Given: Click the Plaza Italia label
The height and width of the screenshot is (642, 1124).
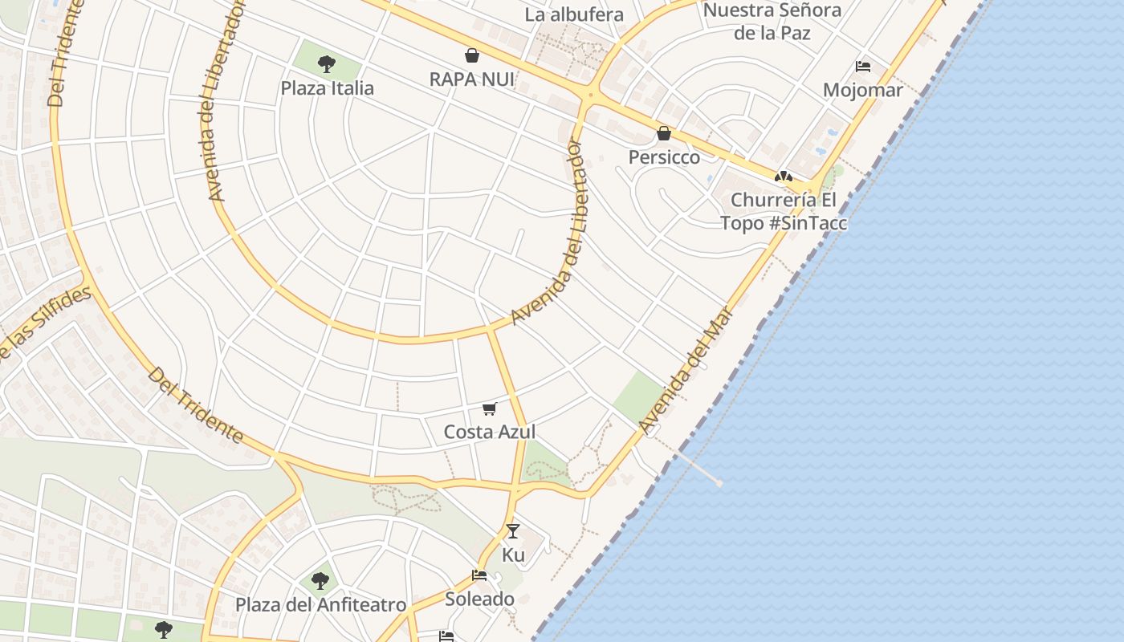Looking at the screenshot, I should (x=327, y=87).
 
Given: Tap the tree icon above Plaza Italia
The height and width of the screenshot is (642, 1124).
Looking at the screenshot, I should (x=326, y=63).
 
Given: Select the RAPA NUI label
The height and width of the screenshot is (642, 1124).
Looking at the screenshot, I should (x=471, y=79).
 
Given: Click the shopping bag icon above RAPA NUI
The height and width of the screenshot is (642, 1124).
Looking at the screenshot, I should (x=472, y=55).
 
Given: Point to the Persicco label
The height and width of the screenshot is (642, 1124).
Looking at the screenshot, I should (x=664, y=157).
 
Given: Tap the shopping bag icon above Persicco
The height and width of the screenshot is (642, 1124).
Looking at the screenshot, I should (x=664, y=133).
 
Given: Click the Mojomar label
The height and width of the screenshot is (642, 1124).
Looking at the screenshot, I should (x=862, y=90).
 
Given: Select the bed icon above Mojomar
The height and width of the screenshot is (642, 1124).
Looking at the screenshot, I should (x=863, y=66).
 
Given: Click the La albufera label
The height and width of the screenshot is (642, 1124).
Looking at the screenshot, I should (x=574, y=14).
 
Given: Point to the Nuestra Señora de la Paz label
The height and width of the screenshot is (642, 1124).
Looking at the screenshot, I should (x=772, y=22).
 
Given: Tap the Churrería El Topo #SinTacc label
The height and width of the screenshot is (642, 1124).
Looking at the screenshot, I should (x=783, y=211).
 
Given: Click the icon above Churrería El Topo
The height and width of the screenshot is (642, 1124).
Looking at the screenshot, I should (x=784, y=177).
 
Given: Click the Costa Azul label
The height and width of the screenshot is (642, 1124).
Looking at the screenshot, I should (x=490, y=432).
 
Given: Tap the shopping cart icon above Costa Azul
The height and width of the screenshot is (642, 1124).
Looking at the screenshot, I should (x=490, y=408).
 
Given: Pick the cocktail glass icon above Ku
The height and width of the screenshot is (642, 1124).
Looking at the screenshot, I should (x=513, y=531).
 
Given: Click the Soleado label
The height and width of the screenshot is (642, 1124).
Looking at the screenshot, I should (x=479, y=599).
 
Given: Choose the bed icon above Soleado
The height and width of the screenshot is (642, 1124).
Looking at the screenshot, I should (x=479, y=575).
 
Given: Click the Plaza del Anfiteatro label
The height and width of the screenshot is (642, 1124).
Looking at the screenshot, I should (x=320, y=604).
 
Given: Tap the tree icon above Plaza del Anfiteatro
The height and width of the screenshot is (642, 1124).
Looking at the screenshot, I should (x=320, y=580).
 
